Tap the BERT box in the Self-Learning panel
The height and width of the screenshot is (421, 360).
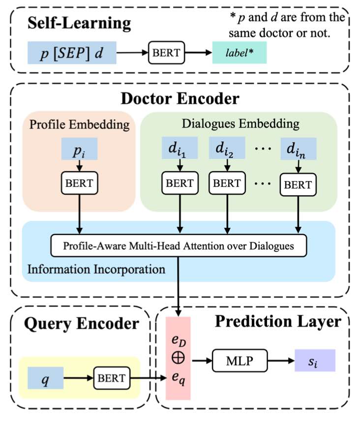(166, 53)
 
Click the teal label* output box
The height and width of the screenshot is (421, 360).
(240, 53)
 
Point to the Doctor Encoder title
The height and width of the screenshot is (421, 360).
(180, 99)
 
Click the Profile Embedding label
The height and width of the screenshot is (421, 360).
(79, 124)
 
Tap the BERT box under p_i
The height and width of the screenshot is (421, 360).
(79, 184)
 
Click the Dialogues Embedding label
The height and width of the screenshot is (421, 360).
(239, 124)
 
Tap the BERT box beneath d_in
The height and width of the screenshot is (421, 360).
(298, 185)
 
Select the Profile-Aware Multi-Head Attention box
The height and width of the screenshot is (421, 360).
(179, 244)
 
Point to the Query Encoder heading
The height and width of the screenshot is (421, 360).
(73, 323)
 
